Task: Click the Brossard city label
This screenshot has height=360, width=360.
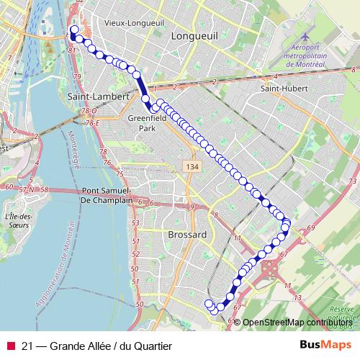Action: tap(186, 235)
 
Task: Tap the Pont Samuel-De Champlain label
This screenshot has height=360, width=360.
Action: tap(108, 196)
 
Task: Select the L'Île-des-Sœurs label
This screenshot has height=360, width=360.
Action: tap(15, 220)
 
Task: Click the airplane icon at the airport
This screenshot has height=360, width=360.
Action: tap(308, 36)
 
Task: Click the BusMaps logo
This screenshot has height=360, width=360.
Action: tap(326, 345)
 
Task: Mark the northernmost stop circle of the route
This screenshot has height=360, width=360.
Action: tap(73, 30)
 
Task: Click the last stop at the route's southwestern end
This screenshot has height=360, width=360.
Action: tap(210, 303)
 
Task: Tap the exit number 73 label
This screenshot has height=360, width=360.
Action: tap(352, 180)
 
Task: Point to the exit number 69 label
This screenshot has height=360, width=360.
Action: tap(310, 228)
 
